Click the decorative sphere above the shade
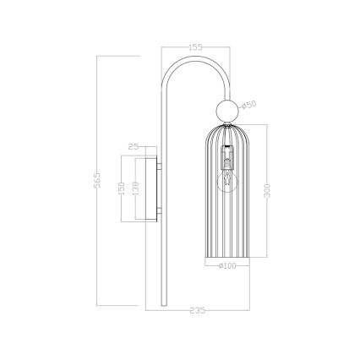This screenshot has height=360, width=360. pyautogui.click(x=226, y=110)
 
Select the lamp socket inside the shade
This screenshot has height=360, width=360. pyautogui.click(x=226, y=156)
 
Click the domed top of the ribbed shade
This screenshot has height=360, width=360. pyautogui.click(x=226, y=131)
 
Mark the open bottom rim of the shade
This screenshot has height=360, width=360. pyautogui.click(x=226, y=258)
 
